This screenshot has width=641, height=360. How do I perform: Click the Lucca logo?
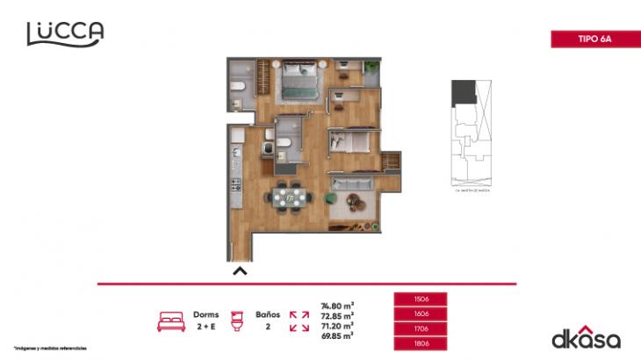(65, 33)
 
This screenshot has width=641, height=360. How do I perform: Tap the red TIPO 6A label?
(594, 39)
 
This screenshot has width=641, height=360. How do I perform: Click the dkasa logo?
(586, 339)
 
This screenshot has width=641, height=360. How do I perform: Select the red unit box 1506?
(421, 299)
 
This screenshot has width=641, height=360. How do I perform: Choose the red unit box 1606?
(421, 313)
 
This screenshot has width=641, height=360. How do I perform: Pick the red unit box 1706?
(421, 328)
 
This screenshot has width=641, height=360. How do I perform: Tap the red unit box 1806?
(421, 343)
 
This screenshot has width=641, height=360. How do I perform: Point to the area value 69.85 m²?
(337, 335)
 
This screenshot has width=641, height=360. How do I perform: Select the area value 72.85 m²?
(337, 316)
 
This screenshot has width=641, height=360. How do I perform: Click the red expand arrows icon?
(299, 320)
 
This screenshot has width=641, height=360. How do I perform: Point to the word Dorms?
(206, 313)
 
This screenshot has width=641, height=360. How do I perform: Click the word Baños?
(268, 313)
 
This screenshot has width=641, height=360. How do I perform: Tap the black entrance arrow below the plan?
(240, 271)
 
